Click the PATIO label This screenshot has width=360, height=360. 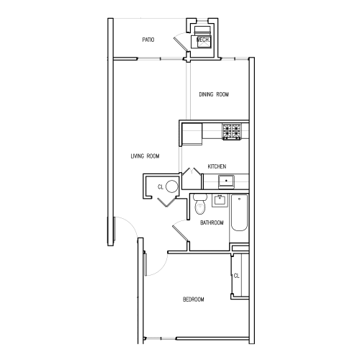pos(149,39)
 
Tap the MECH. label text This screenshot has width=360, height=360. pos(203,40)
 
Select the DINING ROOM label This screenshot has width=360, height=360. pos(214,94)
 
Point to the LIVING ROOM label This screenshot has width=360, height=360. pos(145,156)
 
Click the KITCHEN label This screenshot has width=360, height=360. pos(217,166)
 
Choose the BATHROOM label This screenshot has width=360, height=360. pos(212,223)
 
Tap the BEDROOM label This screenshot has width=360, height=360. pos(193,300)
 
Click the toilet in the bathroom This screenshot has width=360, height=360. pos(200,205)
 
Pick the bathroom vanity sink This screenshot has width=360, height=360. pos(221,199)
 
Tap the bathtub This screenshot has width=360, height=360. pos(240,214)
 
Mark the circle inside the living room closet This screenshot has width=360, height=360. pos(171,187)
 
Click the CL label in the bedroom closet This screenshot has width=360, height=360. pos(236,275)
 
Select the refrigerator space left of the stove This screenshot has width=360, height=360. pos(192,133)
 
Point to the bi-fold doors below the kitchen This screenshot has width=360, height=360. pos(189,175)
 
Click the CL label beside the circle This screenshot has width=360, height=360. pos(161,187)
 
